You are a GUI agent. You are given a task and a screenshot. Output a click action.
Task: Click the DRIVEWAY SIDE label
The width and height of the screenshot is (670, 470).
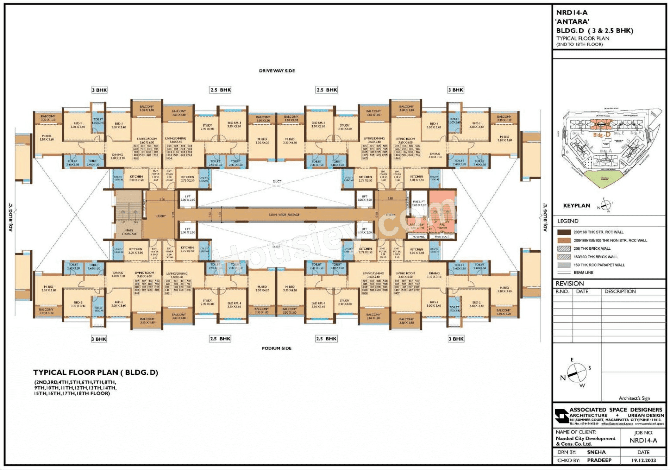[x=277, y=71]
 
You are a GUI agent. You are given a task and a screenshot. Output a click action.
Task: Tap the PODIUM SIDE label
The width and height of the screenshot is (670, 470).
[x=276, y=348]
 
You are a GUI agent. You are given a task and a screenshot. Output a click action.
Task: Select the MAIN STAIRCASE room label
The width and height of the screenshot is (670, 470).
[x=129, y=232]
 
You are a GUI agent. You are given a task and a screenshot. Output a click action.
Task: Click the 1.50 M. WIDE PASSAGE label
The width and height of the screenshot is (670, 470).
[x=284, y=215]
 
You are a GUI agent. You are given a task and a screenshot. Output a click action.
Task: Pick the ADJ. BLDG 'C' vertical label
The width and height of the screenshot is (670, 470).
[x=11, y=217]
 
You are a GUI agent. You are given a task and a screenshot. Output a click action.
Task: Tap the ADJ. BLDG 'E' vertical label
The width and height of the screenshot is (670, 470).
[x=545, y=217]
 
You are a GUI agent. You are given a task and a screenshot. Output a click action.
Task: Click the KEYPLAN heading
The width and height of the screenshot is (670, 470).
[x=576, y=206]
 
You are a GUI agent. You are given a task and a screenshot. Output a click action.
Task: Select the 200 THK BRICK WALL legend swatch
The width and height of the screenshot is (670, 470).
[x=564, y=248]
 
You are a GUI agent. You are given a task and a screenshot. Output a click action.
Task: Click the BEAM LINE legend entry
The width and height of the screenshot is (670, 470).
[x=583, y=273]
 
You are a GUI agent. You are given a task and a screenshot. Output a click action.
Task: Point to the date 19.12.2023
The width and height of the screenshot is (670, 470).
[x=644, y=460]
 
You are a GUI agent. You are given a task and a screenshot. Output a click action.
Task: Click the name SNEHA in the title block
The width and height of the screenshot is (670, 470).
[x=596, y=452]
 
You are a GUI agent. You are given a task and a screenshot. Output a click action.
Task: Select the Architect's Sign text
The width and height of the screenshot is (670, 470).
[x=634, y=398]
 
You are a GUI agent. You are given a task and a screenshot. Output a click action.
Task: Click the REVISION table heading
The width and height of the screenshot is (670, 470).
[x=570, y=283]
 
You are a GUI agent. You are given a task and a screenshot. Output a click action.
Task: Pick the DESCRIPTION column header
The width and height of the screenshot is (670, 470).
[x=620, y=291]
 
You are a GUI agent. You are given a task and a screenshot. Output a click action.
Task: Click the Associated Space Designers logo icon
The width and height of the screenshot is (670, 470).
[x=561, y=416]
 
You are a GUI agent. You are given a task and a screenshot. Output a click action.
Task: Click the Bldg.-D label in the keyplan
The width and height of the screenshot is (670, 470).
[x=602, y=135]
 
